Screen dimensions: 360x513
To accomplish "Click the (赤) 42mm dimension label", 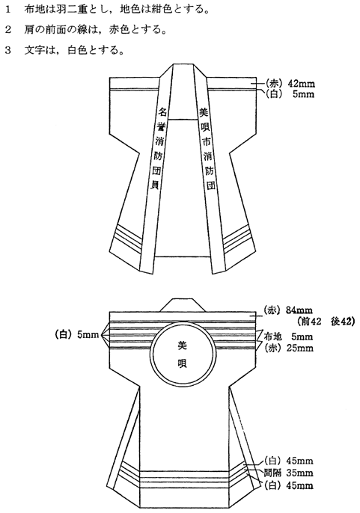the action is (x=289, y=84).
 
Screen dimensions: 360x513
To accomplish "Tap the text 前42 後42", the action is (x=326, y=322).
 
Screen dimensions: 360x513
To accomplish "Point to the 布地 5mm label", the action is (x=288, y=337).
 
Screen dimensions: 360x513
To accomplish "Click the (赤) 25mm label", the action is (x=289, y=348).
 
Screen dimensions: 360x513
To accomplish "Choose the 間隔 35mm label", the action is (x=289, y=473).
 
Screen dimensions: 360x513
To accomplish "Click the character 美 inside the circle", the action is (x=182, y=345).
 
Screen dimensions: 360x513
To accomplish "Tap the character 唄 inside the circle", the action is (x=182, y=363).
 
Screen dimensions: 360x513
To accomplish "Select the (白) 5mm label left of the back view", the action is (x=77, y=335).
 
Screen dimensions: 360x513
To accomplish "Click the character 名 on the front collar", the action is (x=162, y=112).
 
